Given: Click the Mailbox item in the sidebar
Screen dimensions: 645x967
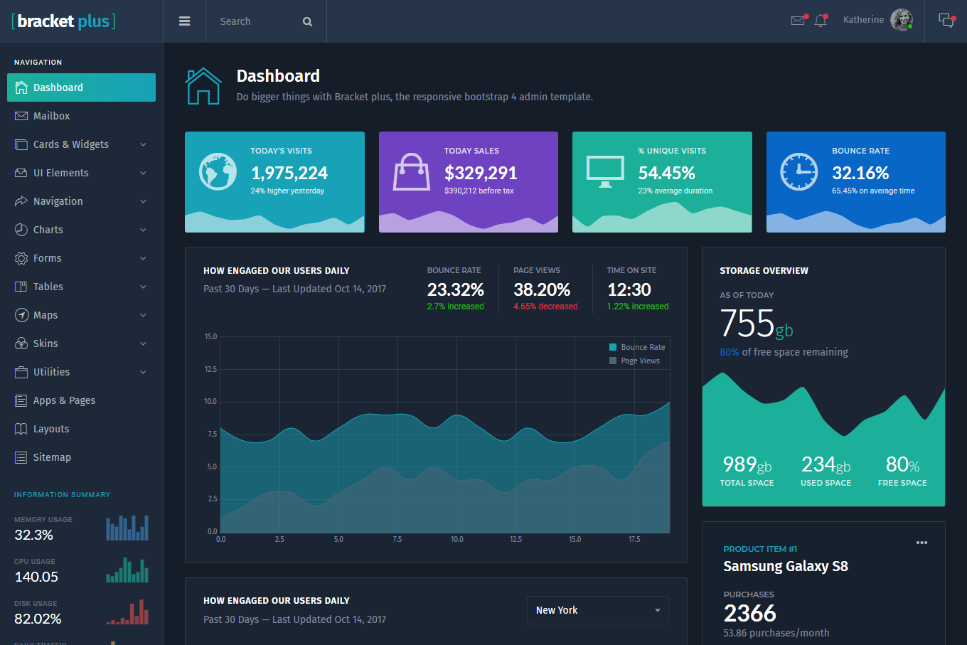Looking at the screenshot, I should [51, 116].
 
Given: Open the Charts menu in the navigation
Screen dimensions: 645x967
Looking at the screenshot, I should [48, 230].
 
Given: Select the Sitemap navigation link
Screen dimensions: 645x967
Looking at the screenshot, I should [52, 457].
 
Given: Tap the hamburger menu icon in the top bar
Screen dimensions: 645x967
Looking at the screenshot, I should [184, 21].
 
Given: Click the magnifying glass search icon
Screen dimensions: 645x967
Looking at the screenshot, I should [307, 21].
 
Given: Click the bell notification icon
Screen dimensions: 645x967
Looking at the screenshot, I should [821, 21].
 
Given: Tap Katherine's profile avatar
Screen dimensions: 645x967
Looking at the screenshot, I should [901, 20].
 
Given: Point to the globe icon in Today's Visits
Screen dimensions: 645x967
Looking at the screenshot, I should [218, 171].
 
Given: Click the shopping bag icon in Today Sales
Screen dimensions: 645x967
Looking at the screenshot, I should [412, 173].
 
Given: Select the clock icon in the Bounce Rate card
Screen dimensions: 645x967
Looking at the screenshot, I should [798, 171].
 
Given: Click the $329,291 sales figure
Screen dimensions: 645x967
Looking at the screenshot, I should [481, 173].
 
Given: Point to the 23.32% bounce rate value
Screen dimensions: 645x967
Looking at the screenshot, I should [455, 289].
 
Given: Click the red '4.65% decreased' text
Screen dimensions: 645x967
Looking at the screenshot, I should [545, 306].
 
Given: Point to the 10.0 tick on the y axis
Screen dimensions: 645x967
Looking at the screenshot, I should [210, 401].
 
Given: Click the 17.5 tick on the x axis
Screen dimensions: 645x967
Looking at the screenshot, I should [634, 539].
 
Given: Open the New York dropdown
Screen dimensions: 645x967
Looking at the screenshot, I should [597, 610].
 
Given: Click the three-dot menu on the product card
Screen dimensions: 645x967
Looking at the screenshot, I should [921, 543].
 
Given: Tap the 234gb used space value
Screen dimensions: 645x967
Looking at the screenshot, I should [826, 465].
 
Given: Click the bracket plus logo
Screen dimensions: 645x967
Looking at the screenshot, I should [64, 21].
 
